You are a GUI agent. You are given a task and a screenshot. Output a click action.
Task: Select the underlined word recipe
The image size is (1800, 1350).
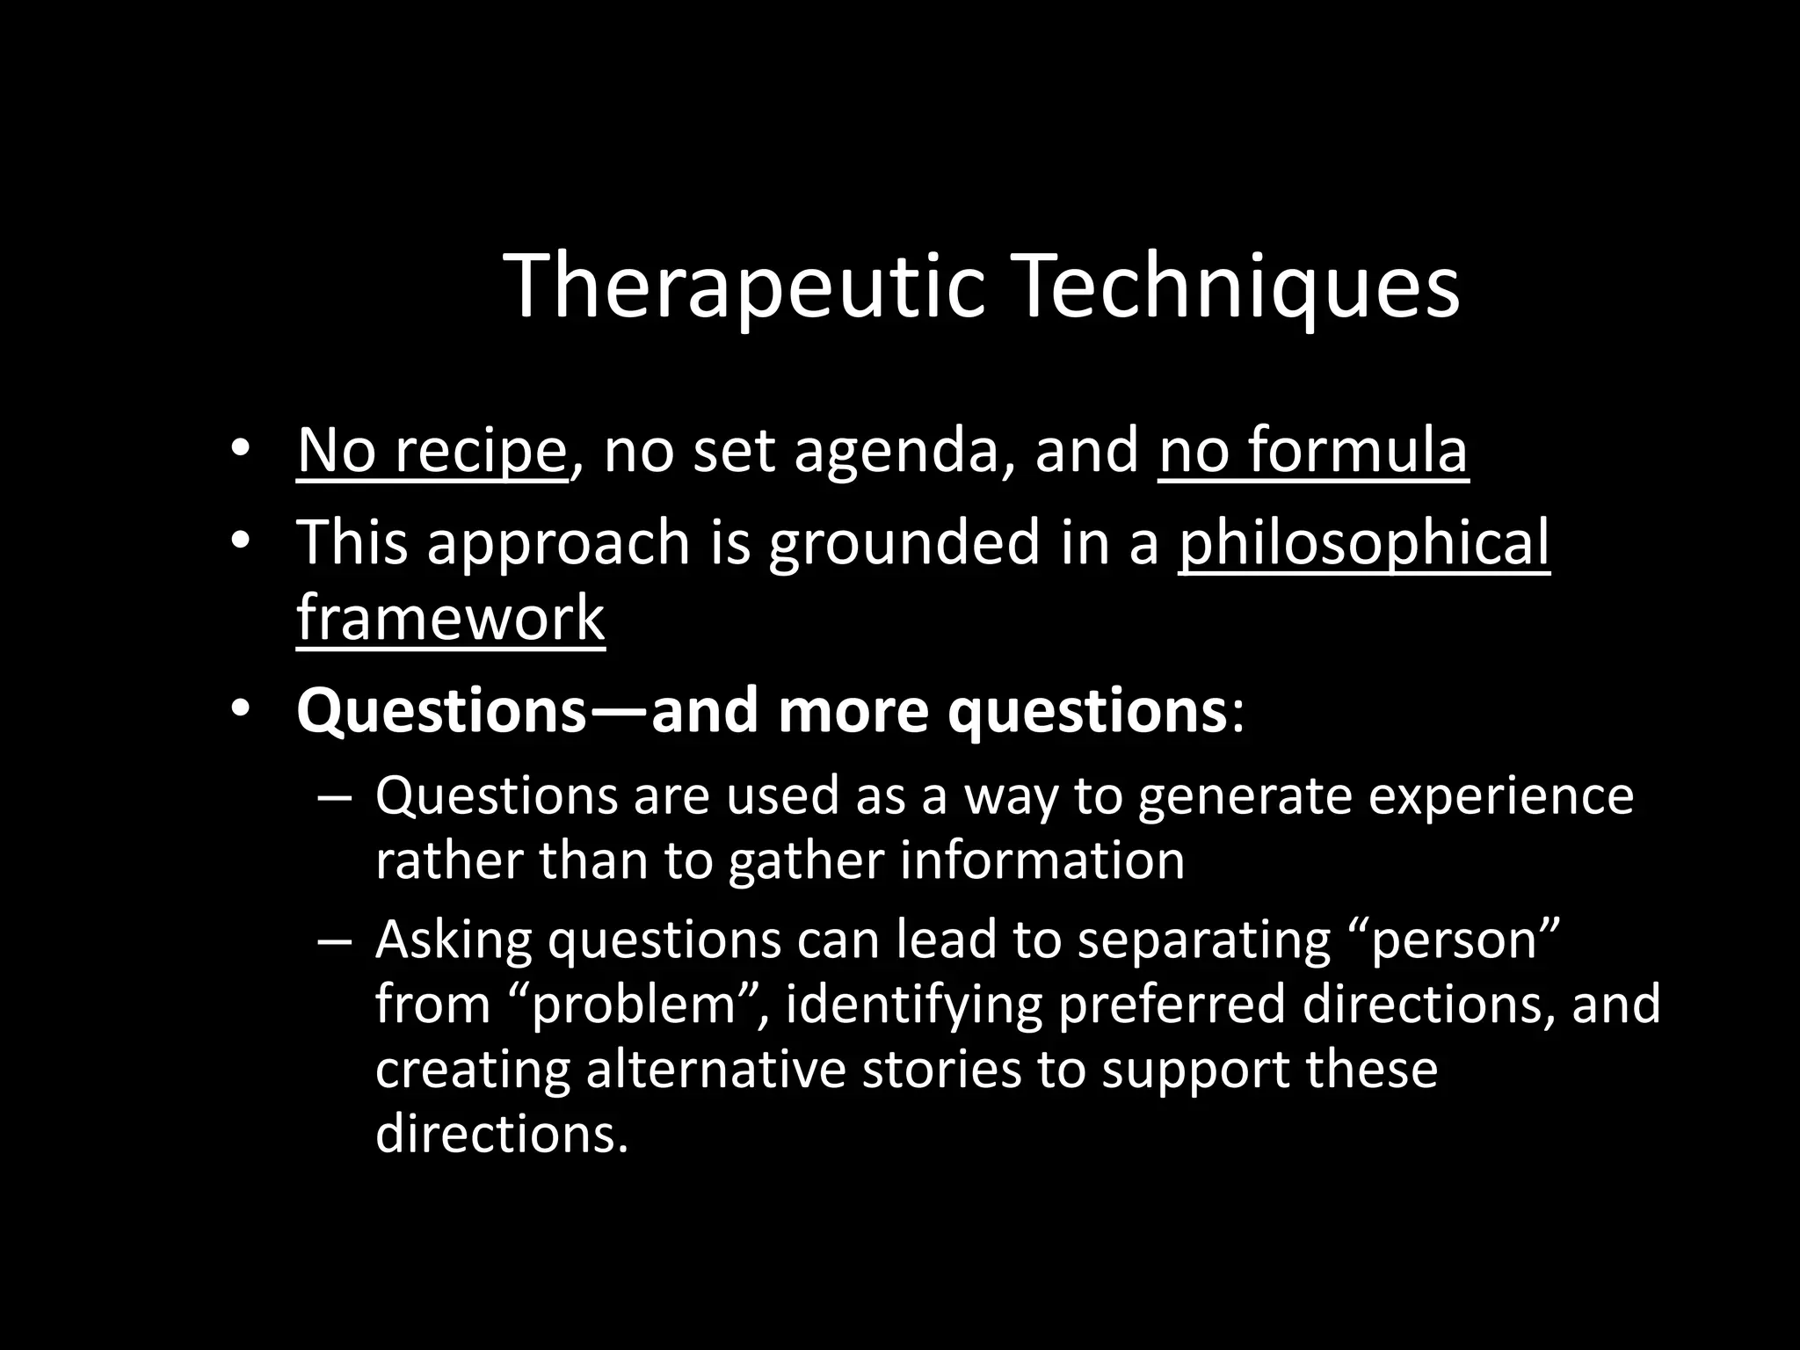pos(480,451)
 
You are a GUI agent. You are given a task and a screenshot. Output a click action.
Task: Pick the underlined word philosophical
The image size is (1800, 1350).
pos(1364,542)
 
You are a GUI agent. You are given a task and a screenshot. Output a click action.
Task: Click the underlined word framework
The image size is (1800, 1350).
pos(451,618)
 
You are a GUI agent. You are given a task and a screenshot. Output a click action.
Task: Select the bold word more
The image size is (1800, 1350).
pos(853,711)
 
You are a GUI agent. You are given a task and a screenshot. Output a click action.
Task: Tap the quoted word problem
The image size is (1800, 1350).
pos(634,1005)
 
